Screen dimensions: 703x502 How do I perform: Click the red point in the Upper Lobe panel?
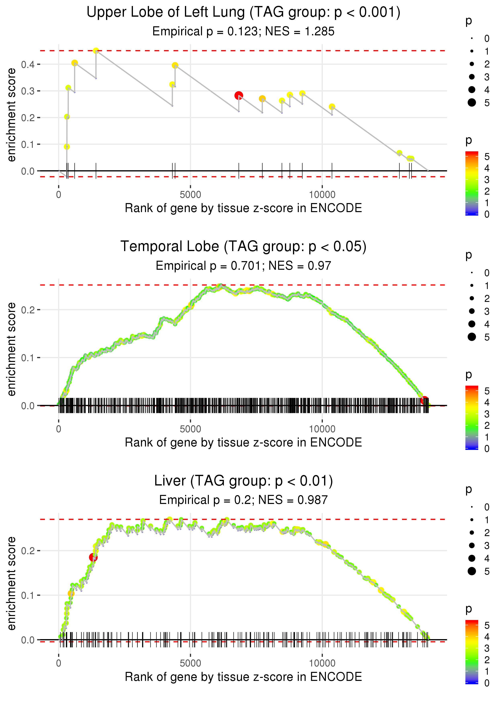pos(238,96)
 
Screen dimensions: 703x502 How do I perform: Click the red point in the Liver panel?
pos(93,557)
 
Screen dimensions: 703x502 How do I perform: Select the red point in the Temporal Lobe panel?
pos(424,400)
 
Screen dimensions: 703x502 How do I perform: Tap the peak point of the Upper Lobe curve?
pos(96,51)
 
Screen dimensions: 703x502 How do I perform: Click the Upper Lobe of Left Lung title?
pos(243,12)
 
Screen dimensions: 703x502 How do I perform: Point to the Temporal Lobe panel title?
pos(243,246)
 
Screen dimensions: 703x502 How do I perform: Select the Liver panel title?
pos(243,481)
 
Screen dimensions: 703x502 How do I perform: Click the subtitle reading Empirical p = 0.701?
pos(243,266)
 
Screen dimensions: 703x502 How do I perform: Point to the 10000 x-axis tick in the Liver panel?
pos(322,663)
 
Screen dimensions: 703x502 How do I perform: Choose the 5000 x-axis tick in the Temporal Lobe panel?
pos(190,429)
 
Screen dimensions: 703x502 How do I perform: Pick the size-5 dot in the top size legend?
pos(472,102)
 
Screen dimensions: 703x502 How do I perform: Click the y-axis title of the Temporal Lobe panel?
pos(11,349)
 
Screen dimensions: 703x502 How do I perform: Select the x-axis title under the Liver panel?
pos(243,677)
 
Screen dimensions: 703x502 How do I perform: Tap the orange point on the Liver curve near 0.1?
pos(71,593)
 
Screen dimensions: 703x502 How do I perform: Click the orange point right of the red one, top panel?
pos(262,99)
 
